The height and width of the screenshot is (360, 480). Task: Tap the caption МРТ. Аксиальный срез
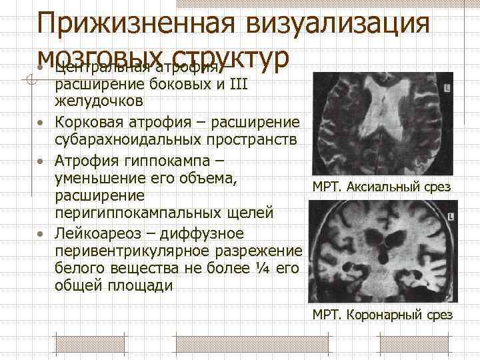[381, 187]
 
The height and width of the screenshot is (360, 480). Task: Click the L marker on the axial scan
[446, 87]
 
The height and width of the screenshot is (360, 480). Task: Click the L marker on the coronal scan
[451, 217]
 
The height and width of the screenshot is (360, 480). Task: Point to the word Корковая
[88, 122]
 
